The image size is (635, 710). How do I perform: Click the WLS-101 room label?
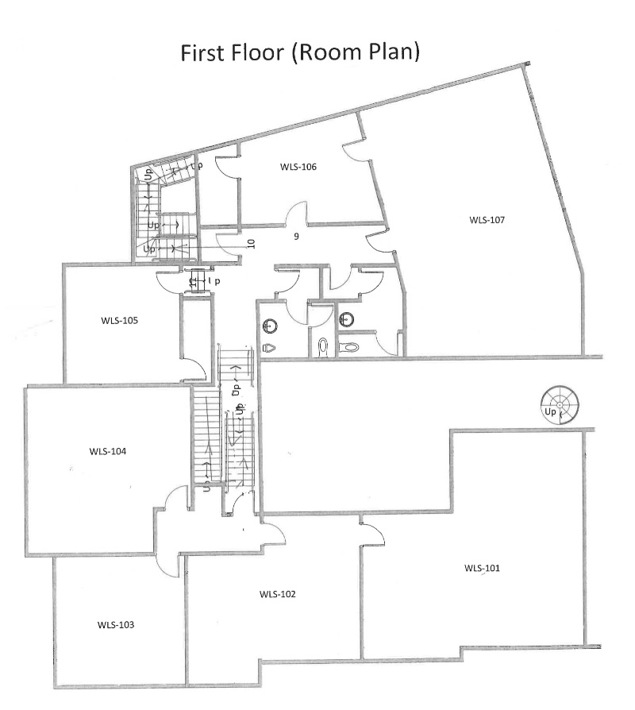[482, 568]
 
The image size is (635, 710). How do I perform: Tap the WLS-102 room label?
[278, 594]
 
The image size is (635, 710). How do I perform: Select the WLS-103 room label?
[116, 625]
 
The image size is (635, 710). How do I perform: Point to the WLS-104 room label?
[108, 451]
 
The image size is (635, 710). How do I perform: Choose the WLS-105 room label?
[120, 321]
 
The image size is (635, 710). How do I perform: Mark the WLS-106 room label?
[298, 167]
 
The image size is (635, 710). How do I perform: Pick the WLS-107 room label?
[487, 220]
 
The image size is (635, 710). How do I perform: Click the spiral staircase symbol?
[560, 405]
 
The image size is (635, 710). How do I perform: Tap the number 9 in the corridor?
[296, 237]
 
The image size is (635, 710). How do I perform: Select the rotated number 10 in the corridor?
[252, 244]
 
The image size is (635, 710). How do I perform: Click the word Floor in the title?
[257, 52]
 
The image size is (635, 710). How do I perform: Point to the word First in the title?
[202, 52]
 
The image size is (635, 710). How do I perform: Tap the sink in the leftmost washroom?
[270, 325]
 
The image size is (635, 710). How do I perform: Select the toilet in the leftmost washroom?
[269, 347]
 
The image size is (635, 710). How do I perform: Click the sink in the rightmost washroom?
[347, 319]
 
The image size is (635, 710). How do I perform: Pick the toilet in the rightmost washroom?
[349, 347]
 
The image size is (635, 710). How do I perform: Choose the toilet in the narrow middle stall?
[323, 346]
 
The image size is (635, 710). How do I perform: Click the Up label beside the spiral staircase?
[550, 411]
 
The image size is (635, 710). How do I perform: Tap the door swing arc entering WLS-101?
[378, 530]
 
